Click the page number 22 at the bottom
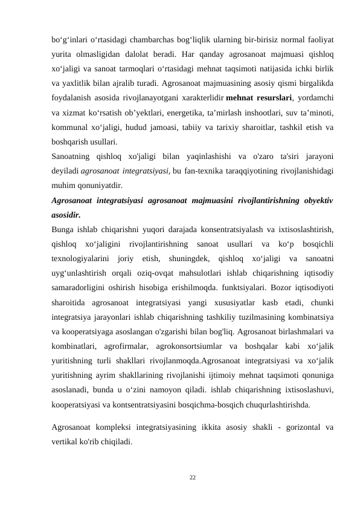coord(192,478)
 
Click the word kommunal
coord(69,127)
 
